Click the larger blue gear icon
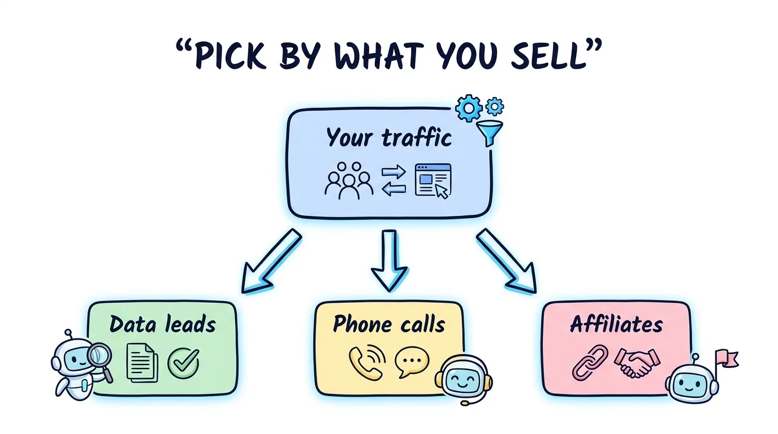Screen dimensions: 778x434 pyautogui.click(x=469, y=108)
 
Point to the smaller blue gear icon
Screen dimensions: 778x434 pyautogui.click(x=495, y=106)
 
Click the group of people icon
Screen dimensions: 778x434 pyautogui.click(x=349, y=180)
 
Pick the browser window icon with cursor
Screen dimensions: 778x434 pyautogui.click(x=433, y=181)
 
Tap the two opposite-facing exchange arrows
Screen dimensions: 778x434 pyautogui.click(x=394, y=180)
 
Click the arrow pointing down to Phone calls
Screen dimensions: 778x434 pyautogui.click(x=390, y=261)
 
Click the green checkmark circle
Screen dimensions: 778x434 pyautogui.click(x=183, y=363)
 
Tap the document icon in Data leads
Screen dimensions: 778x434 pyautogui.click(x=142, y=363)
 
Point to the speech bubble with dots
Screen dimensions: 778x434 pyautogui.click(x=412, y=362)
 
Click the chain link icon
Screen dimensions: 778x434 pyautogui.click(x=590, y=362)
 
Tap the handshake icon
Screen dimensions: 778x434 pyautogui.click(x=637, y=362)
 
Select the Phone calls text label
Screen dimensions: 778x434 pyautogui.click(x=389, y=325)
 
